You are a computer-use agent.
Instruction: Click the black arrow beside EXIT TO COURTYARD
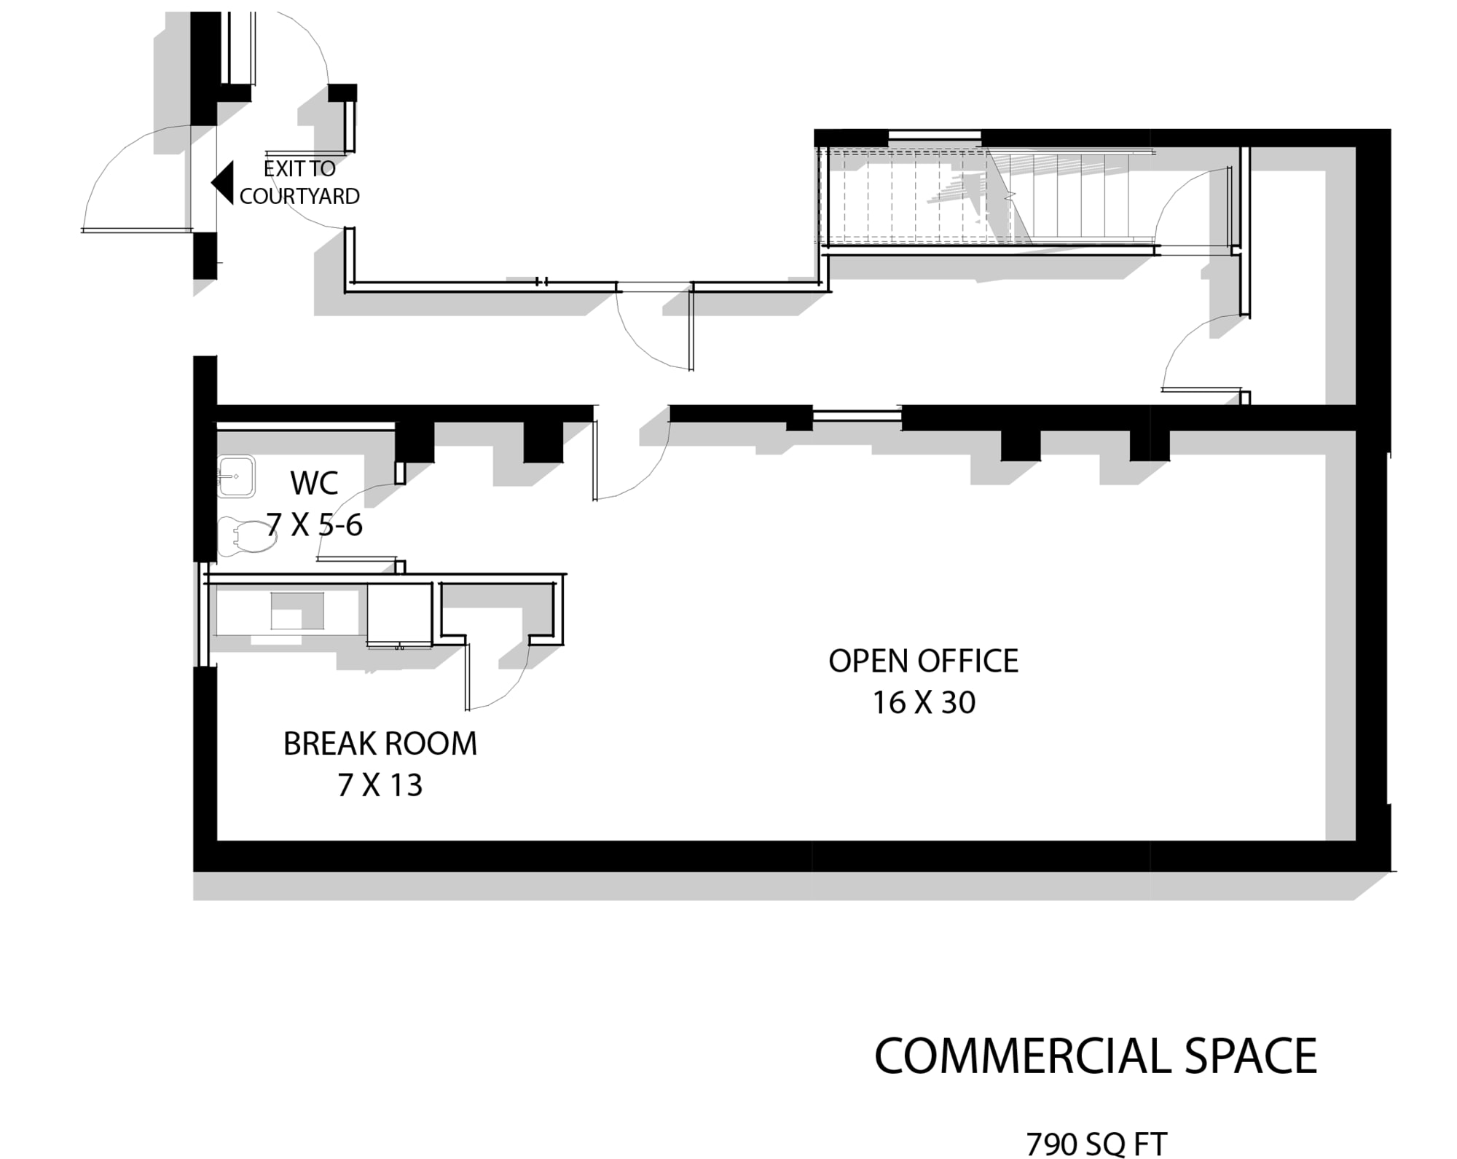pyautogui.click(x=223, y=182)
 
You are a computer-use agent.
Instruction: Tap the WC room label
pyautogui.click(x=314, y=483)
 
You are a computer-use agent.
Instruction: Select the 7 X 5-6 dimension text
pyautogui.click(x=314, y=525)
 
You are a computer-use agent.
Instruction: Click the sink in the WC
pyautogui.click(x=236, y=476)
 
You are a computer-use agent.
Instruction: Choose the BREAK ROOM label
pyautogui.click(x=380, y=744)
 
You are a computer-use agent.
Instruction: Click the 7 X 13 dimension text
pyautogui.click(x=380, y=785)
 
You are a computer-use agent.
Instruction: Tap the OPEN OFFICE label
pyautogui.click(x=924, y=661)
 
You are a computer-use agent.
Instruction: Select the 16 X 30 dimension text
pyautogui.click(x=924, y=702)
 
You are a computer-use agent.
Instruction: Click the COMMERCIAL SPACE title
pyautogui.click(x=1096, y=1056)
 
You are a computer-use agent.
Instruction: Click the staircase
pyautogui.click(x=987, y=197)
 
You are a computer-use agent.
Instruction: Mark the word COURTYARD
pyautogui.click(x=299, y=196)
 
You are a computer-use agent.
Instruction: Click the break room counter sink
pyautogui.click(x=297, y=610)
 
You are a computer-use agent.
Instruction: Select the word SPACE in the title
pyautogui.click(x=1252, y=1056)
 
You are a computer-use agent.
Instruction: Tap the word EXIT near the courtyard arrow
pyautogui.click(x=280, y=168)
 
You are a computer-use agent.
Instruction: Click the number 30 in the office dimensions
pyautogui.click(x=957, y=702)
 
